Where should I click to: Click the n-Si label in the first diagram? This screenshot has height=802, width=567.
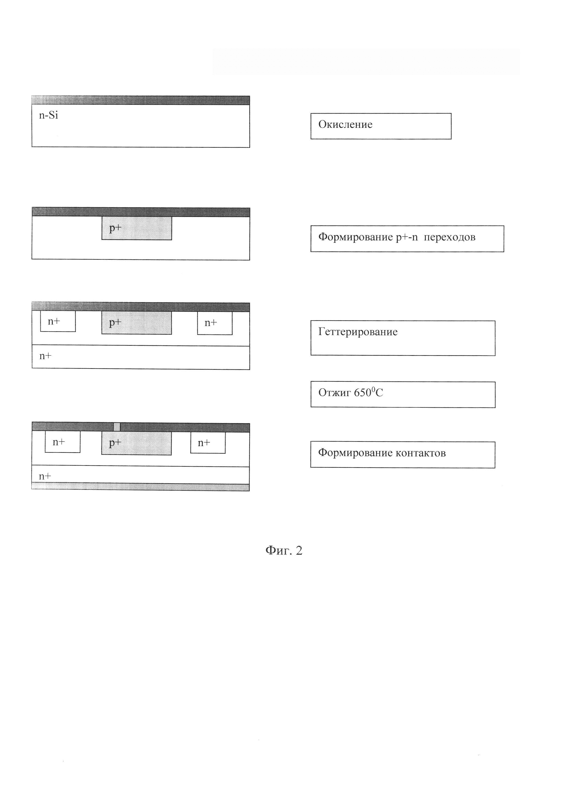click(48, 115)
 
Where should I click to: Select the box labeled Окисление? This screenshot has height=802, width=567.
click(381, 126)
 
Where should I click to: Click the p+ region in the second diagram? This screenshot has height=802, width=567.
click(136, 228)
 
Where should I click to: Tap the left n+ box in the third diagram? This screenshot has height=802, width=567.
click(58, 321)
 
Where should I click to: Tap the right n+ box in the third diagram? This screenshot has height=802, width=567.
click(214, 323)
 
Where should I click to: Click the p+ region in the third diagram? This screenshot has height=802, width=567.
click(136, 323)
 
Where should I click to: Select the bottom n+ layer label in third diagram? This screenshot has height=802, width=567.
click(45, 356)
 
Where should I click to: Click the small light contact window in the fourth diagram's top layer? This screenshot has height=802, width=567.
click(117, 427)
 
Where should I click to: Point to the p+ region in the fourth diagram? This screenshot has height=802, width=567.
click(136, 443)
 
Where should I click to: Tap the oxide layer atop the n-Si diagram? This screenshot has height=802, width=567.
click(140, 100)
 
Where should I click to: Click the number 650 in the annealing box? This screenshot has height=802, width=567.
click(362, 393)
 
